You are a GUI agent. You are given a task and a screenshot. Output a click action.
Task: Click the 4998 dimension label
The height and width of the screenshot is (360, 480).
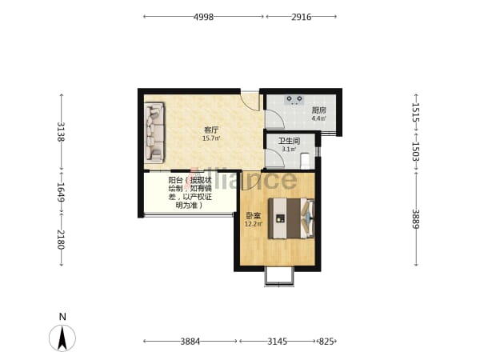(x=203, y=17)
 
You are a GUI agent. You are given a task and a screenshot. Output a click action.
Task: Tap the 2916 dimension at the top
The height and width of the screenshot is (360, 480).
(x=302, y=17)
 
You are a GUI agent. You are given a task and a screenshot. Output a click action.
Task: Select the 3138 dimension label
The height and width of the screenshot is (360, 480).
(x=61, y=132)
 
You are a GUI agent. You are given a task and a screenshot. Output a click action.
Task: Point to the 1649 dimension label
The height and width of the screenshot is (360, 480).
(x=61, y=192)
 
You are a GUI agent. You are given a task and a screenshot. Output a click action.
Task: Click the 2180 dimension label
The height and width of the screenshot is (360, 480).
(x=61, y=239)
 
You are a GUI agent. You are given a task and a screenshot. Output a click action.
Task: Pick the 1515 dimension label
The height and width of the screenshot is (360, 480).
(x=415, y=112)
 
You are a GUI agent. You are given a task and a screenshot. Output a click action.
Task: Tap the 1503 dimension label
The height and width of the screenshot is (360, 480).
(x=415, y=151)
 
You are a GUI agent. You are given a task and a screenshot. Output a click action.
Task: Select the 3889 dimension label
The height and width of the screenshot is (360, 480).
(x=415, y=218)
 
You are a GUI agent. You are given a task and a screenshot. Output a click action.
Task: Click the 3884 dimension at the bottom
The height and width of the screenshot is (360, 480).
(x=190, y=341)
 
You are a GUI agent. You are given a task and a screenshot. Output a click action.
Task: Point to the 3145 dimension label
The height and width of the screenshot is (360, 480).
(x=278, y=341)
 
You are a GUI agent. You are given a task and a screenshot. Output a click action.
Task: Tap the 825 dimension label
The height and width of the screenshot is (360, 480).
(x=326, y=341)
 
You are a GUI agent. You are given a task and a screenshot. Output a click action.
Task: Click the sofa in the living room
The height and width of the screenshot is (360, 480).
(x=154, y=132)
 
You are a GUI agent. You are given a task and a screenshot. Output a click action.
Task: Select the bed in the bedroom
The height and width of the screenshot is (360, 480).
(x=291, y=218)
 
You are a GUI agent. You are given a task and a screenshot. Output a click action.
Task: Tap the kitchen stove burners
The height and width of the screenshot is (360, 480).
(x=294, y=99)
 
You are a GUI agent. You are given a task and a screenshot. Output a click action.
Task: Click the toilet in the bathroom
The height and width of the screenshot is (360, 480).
(x=306, y=161)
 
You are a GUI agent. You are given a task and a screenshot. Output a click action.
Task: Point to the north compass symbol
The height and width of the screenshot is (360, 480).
(x=62, y=338)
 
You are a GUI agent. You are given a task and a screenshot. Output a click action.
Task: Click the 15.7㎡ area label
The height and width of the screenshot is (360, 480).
(x=211, y=138)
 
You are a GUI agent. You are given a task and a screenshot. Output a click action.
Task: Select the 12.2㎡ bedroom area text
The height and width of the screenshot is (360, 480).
(x=254, y=224)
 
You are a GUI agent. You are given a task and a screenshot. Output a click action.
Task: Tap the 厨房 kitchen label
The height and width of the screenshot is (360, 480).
(x=318, y=110)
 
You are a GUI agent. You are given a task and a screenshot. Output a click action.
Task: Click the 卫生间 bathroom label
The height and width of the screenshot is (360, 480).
(x=289, y=141)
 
